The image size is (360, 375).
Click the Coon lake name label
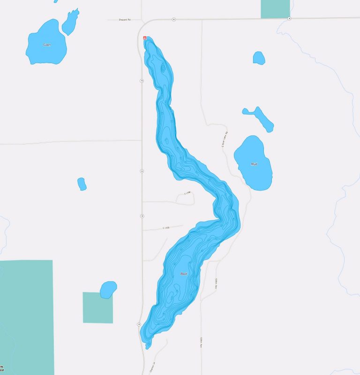point(46,45)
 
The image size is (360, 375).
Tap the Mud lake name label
point(254,164)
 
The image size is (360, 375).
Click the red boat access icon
point(145,38)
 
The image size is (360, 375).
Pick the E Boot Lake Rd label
point(224,139)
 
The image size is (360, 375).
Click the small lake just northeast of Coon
point(70,22)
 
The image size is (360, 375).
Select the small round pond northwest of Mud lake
point(259,58)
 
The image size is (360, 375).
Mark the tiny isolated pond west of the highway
point(82,184)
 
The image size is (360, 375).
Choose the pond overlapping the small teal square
point(108,289)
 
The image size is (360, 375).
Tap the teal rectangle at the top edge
point(275,9)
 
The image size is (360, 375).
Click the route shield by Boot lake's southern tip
point(139,324)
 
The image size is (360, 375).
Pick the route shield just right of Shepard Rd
point(173,19)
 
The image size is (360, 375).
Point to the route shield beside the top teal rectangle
point(289,19)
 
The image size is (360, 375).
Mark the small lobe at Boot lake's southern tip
point(148,346)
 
